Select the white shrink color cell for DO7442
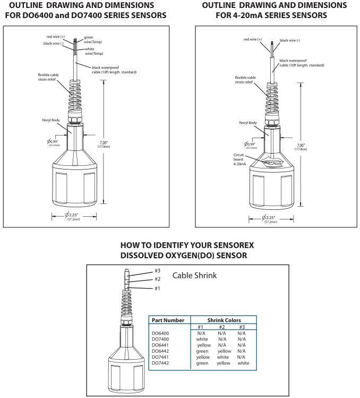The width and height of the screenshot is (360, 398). (x=243, y=363)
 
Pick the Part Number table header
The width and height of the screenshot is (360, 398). (x=168, y=320)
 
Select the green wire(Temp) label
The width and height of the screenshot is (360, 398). (x=89, y=39)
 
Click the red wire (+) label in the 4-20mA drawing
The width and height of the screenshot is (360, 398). (x=255, y=39)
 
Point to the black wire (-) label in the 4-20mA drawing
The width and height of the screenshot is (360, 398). (x=290, y=40)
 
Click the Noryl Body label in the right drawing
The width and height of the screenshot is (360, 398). (x=248, y=123)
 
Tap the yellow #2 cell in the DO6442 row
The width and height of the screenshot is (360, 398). (x=224, y=351)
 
